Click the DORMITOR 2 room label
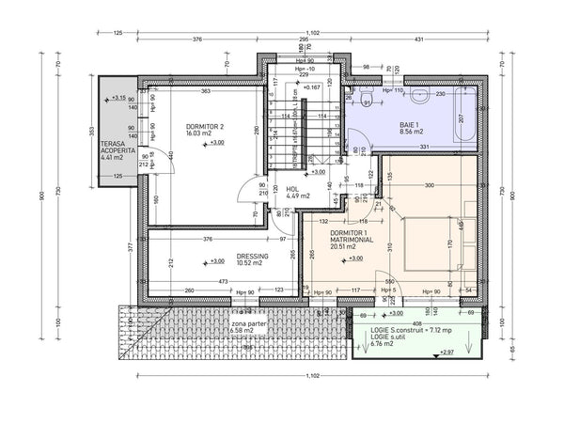pos(204,126)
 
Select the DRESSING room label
pos(253,256)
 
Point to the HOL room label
pos(292,188)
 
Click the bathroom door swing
pos(358,150)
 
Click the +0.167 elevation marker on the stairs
pos(313,87)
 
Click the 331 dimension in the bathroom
pos(425,147)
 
